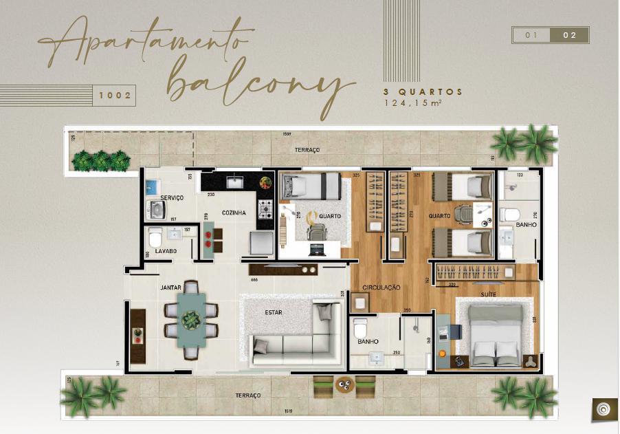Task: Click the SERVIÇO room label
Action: pos(172,198)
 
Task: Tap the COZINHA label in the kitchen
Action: pos(234,213)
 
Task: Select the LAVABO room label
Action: pos(166,252)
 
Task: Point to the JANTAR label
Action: pos(170,287)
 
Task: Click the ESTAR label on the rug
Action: pos(274,312)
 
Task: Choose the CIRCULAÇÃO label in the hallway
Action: pos(381,287)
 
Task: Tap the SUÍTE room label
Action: pos(489,294)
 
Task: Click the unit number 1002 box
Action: pos(114,95)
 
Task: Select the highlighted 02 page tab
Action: pos(570,35)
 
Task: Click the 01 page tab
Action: pos(531,35)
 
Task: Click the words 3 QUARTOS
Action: pos(423,91)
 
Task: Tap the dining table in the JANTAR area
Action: pos(190,320)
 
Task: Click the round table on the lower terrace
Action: pos(344,386)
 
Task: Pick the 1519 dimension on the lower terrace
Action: pos(288,411)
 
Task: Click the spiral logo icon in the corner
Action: pos(603,409)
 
